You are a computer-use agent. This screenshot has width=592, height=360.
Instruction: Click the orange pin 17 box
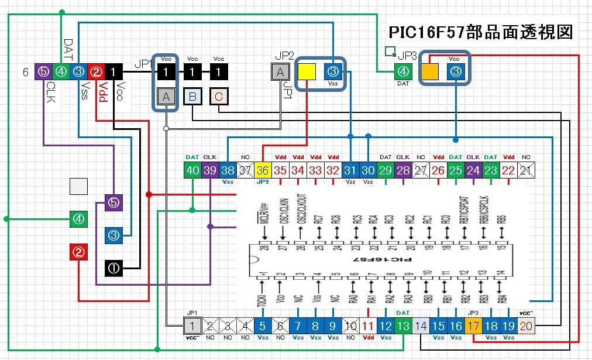tap(473, 326)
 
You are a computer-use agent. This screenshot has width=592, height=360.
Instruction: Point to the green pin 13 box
tap(402, 326)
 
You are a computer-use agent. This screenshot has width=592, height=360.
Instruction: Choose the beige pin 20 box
tap(526, 326)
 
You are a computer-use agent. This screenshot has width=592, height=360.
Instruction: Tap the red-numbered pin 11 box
tap(367, 326)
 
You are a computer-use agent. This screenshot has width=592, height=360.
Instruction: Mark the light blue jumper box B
tap(192, 97)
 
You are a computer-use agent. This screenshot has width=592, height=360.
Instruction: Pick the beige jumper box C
tap(218, 97)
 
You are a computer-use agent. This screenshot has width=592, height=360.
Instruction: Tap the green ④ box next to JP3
tap(402, 72)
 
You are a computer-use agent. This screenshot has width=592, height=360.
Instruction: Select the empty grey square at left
tap(78, 187)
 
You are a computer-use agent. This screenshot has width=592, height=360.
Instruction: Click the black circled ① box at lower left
tap(113, 268)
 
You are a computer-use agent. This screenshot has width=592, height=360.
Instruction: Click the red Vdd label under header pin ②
tap(103, 92)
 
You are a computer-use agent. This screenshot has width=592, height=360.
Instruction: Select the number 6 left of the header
tap(25, 72)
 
